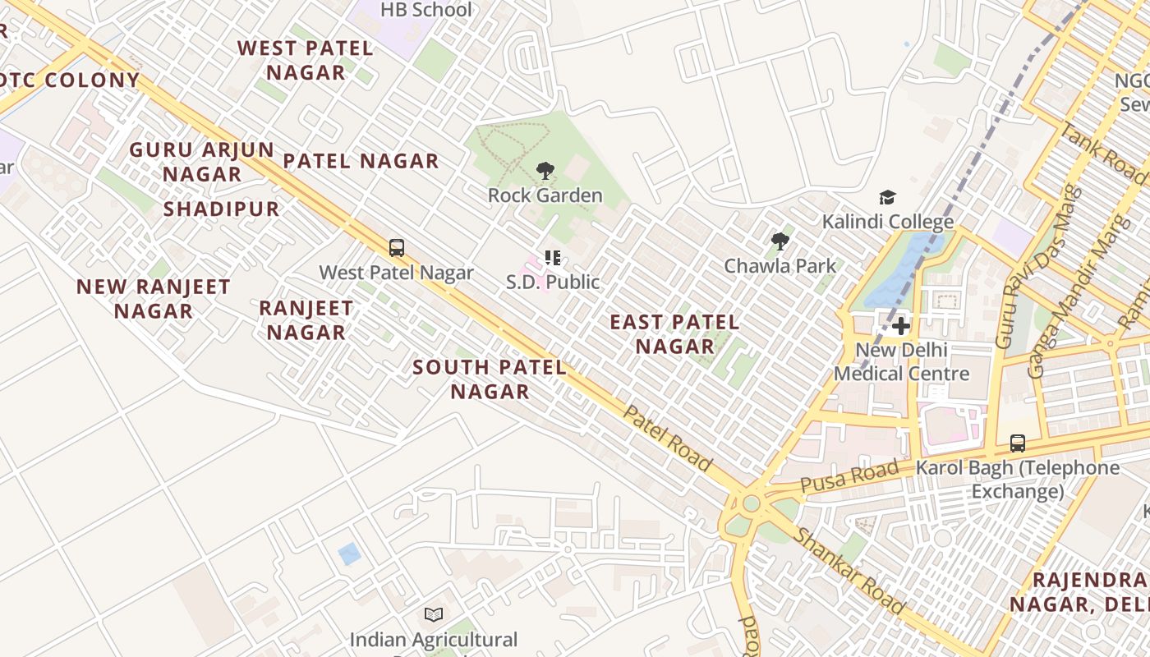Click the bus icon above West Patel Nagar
tap(397, 247)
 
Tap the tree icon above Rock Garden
tap(545, 171)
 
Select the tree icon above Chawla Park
tap(780, 241)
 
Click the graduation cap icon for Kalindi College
tap(887, 197)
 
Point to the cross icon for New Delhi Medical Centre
tap(901, 326)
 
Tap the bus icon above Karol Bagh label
tap(1017, 443)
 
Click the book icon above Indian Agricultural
tap(434, 614)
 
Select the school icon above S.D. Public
tap(553, 258)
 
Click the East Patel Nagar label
tap(674, 334)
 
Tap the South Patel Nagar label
tap(490, 379)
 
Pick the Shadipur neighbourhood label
tap(221, 209)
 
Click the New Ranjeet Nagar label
tap(154, 299)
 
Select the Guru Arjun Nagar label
tap(202, 162)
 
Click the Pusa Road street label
tap(849, 476)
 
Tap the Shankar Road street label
tap(849, 570)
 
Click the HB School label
tap(425, 10)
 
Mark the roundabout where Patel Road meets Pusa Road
tap(750, 503)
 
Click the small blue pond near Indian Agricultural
tap(349, 554)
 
